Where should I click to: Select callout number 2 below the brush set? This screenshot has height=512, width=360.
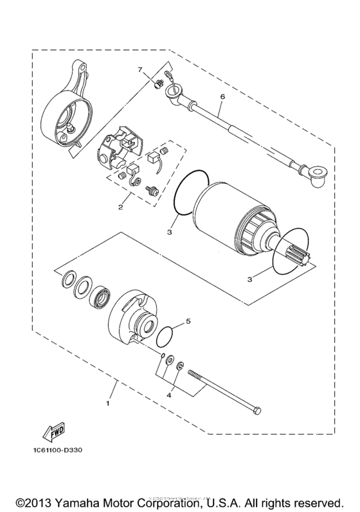pos(120,207)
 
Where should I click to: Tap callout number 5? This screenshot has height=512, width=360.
pos(188,319)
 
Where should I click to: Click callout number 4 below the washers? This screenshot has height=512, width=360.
pos(170,396)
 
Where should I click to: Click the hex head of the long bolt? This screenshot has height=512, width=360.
pos(257,409)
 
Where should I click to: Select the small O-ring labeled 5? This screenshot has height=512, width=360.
pos(165,335)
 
